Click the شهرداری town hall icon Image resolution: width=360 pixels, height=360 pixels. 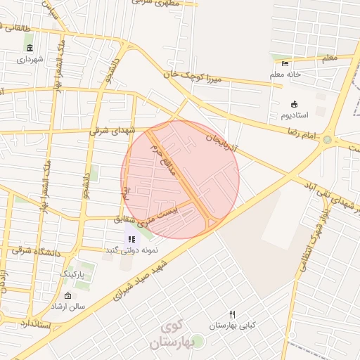tap(30, 48)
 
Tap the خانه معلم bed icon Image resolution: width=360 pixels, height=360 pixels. tap(285, 64)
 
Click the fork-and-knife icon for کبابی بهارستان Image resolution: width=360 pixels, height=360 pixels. tap(233, 314)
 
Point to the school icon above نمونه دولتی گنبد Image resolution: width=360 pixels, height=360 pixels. tap(131, 239)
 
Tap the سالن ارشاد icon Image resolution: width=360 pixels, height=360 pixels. tap(67, 296)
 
